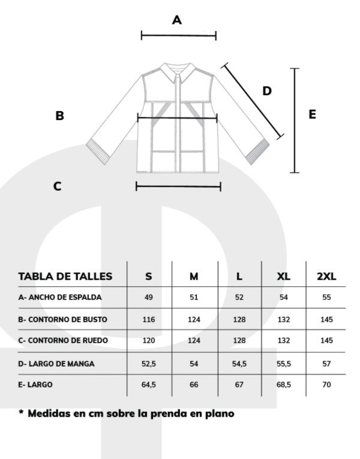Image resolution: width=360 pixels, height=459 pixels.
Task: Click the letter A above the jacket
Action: (177, 20)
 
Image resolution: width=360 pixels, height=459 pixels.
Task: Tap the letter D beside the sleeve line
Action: (267, 91)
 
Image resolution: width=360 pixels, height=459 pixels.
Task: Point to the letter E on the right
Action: (312, 114)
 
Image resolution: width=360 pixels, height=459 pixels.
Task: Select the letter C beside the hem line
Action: (58, 186)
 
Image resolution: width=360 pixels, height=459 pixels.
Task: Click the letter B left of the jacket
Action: (60, 116)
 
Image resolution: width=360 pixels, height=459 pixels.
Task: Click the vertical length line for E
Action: (295, 121)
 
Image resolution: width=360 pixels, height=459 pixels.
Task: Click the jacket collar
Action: (178, 72)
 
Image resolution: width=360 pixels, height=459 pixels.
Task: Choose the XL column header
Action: (284, 276)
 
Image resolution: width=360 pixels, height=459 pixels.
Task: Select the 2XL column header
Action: (326, 276)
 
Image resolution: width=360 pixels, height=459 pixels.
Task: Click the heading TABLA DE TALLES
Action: (65, 277)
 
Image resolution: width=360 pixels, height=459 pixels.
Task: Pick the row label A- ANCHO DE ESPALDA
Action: (60, 298)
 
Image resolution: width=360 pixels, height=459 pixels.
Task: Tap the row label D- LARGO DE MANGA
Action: (56, 364)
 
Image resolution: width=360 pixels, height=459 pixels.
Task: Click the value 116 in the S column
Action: (149, 319)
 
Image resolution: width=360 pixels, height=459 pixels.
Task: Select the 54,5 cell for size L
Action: (239, 364)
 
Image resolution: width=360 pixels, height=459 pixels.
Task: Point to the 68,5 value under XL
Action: (284, 385)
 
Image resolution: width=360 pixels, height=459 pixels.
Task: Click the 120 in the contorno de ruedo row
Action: (149, 340)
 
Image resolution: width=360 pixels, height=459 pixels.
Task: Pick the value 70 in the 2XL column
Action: (326, 385)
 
